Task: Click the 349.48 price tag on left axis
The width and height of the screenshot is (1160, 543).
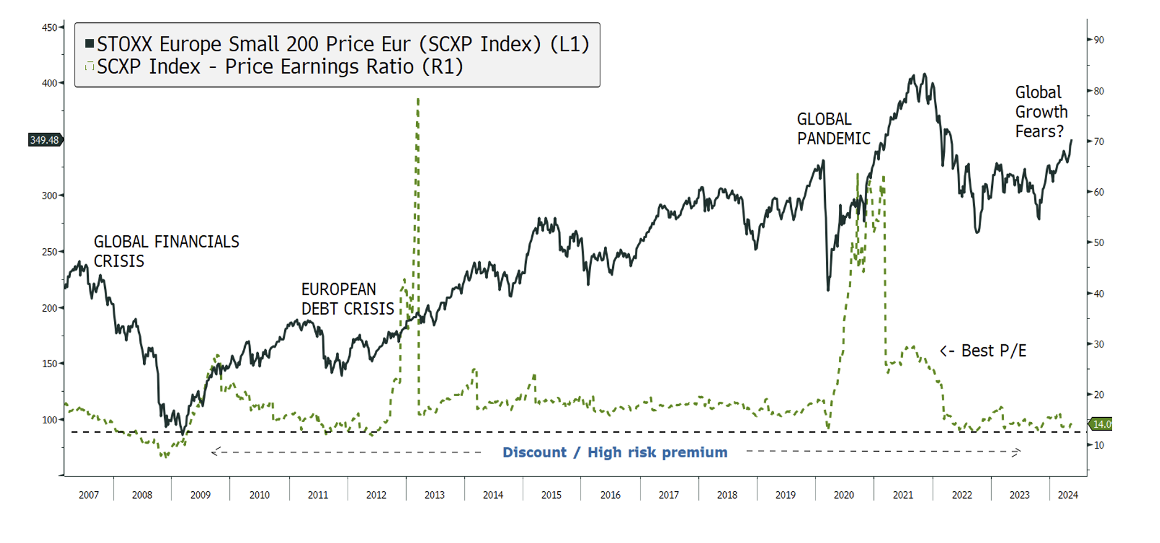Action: [44, 140]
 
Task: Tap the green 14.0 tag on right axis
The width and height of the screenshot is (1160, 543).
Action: [1101, 424]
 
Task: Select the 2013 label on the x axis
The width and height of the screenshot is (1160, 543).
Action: [435, 495]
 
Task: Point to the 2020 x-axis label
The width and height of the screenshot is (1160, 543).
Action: [844, 495]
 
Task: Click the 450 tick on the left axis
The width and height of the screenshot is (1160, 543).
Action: [49, 28]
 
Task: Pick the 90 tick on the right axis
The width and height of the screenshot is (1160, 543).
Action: [1098, 40]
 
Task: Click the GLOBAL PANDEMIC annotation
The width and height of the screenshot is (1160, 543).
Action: [833, 129]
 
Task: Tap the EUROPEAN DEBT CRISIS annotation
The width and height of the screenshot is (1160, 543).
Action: [348, 299]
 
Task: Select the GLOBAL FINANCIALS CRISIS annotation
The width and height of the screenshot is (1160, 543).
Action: [166, 251]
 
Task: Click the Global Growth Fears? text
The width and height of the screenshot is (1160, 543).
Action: [1041, 112]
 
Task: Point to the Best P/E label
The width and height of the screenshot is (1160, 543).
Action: [984, 351]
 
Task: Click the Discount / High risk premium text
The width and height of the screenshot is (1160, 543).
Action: [615, 452]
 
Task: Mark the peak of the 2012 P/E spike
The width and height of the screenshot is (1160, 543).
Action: [418, 99]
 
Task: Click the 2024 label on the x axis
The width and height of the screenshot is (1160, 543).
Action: [1068, 495]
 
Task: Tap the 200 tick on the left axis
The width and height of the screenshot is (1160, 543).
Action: [49, 308]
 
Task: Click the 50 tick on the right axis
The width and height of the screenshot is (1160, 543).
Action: [1098, 243]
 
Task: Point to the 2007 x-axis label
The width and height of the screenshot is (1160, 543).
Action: [89, 495]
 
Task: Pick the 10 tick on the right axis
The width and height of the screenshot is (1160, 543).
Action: [1098, 446]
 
